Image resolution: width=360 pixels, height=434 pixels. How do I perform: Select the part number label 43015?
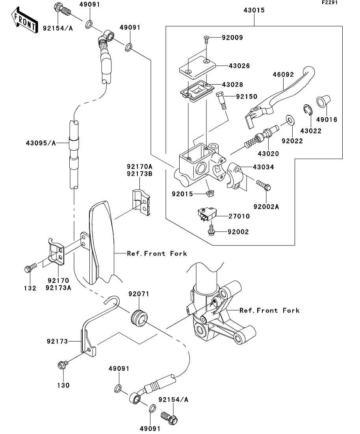tap(254, 10)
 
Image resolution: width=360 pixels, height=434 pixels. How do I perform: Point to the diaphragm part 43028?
tap(197, 90)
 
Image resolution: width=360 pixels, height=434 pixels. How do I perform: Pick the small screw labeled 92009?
tap(206, 40)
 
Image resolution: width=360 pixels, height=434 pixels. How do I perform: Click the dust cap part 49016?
tap(323, 102)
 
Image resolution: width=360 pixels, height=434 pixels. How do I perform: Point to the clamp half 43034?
tap(235, 176)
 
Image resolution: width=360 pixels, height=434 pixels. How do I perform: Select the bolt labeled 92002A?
tap(264, 185)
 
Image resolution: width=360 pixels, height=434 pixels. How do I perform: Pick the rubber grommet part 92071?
tap(139, 318)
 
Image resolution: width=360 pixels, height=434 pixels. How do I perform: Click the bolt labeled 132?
tap(30, 268)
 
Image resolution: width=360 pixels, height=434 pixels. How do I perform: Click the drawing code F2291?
tap(330, 2)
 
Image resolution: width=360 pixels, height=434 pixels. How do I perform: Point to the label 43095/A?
tap(41, 143)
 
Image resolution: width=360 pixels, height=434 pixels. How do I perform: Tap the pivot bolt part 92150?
tap(222, 101)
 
